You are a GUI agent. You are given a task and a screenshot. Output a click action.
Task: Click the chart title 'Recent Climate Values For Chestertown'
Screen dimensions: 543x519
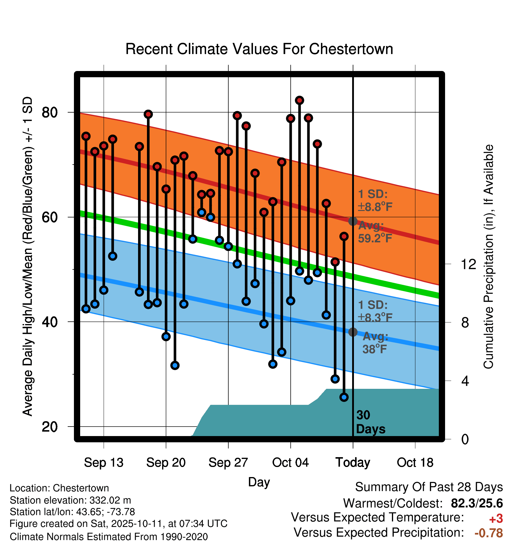point(259,49)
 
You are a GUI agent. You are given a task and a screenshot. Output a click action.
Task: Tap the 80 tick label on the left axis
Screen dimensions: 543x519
point(50,113)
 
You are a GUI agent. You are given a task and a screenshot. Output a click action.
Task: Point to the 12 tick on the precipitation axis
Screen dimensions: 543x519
point(469,264)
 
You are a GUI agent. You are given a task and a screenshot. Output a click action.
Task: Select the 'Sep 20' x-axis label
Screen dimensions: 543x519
point(166,463)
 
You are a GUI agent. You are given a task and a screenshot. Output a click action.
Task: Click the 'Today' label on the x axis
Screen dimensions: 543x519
point(353,463)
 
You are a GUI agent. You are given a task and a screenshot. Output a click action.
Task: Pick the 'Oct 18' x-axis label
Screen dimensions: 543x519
point(415,463)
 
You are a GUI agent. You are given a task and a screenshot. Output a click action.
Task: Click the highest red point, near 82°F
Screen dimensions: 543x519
point(299,100)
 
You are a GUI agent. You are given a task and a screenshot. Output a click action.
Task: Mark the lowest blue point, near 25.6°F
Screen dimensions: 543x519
point(344,397)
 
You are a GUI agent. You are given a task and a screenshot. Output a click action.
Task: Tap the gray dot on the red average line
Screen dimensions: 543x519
point(353,221)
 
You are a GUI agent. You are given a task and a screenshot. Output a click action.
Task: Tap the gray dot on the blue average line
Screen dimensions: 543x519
point(353,332)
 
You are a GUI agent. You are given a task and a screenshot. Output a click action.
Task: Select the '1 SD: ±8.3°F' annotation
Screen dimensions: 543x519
point(375,311)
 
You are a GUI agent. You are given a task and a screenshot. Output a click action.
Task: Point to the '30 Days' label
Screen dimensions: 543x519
point(370,422)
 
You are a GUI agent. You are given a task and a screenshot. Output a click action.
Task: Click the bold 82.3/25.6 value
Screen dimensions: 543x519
point(477,503)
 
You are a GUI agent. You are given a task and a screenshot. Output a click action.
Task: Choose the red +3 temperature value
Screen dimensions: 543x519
point(496,519)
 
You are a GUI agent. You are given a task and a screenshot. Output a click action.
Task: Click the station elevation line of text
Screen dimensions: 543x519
point(70,500)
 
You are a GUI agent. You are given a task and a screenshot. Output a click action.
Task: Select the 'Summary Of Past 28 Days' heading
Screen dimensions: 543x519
point(429,487)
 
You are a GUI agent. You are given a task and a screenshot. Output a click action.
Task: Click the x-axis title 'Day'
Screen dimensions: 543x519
point(259,482)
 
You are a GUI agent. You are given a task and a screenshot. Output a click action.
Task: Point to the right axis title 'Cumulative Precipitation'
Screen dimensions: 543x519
point(488,257)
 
